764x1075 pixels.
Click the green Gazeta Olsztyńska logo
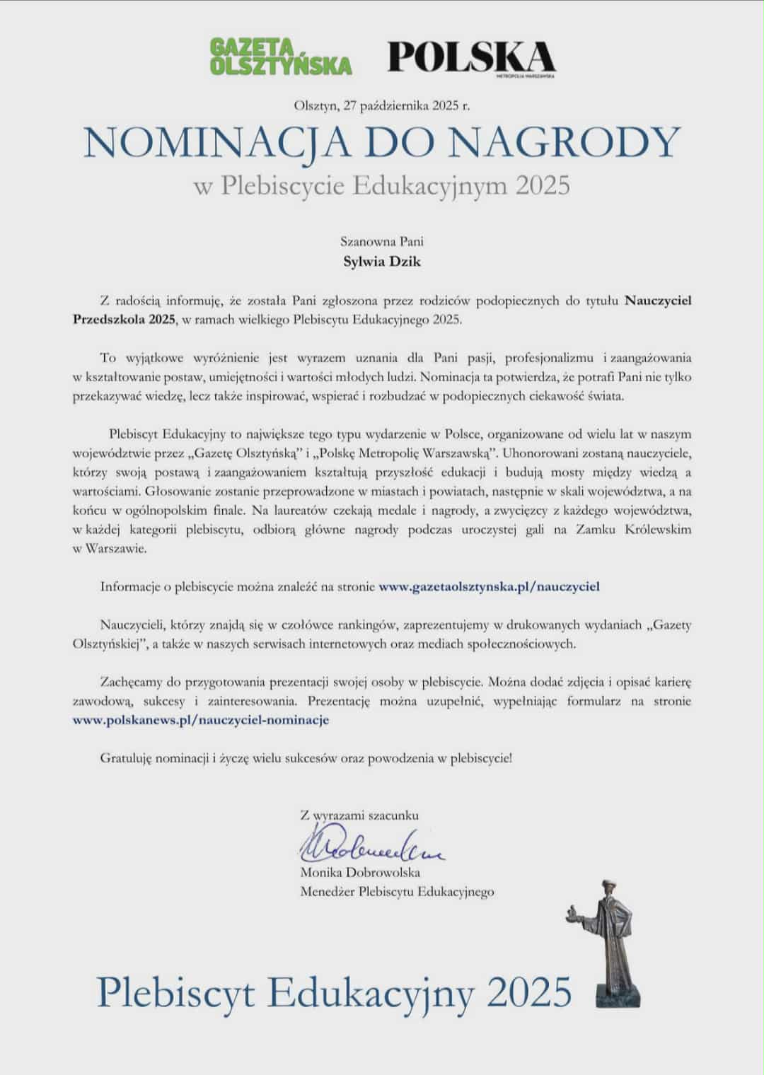point(281,56)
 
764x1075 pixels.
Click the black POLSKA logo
point(471,57)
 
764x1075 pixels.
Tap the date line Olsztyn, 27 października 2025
point(381,106)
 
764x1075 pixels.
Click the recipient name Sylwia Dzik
point(382,262)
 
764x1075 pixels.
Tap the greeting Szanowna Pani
point(382,241)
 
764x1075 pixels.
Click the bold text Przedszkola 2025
point(125,319)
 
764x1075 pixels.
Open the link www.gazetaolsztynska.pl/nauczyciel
point(490,586)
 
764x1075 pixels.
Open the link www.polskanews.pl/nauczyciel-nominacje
point(201,720)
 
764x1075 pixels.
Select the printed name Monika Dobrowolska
point(360,872)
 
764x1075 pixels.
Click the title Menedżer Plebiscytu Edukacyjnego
point(397,892)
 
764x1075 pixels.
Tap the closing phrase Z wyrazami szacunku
point(359,815)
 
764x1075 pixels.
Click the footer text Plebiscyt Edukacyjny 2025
point(334,992)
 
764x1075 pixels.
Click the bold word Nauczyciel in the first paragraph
point(658,301)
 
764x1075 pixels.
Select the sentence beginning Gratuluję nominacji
point(306,758)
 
